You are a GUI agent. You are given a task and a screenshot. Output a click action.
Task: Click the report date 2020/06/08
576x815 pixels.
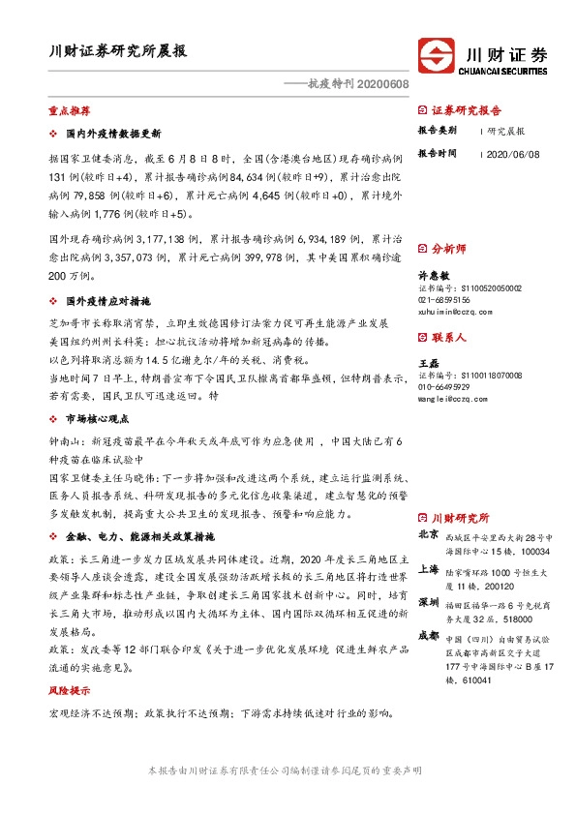(x=512, y=154)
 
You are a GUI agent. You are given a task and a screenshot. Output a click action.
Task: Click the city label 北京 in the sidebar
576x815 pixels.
(x=427, y=534)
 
